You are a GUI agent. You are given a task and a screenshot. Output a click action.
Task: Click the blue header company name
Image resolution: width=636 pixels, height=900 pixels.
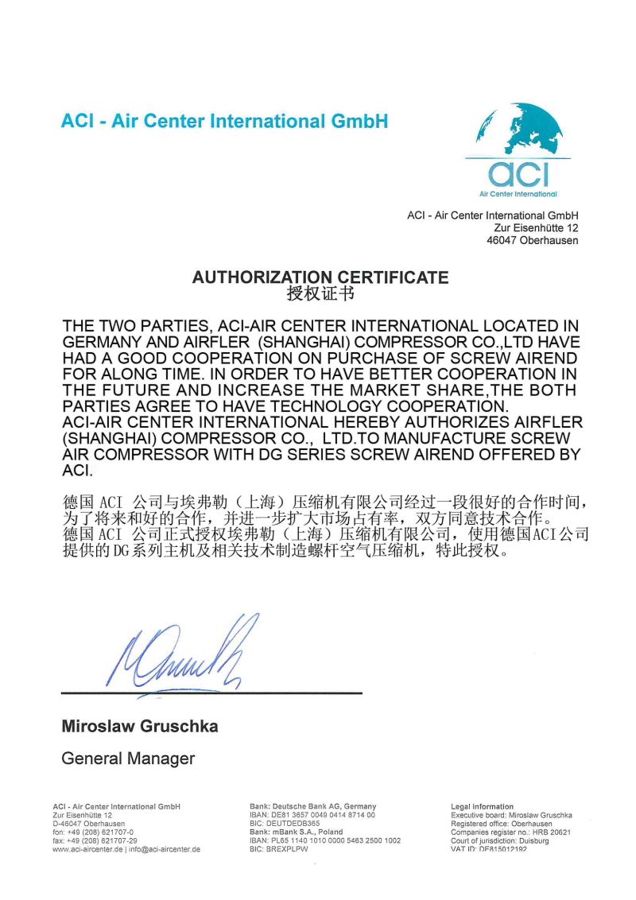coord(224,122)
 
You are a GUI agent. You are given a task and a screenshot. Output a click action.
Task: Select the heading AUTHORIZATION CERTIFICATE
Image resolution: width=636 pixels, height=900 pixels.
coord(320,277)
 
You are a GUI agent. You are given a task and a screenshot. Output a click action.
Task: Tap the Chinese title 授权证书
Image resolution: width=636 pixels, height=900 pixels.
coord(320,294)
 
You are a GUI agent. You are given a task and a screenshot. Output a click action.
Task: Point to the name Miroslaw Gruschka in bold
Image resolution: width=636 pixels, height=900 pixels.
coord(140,726)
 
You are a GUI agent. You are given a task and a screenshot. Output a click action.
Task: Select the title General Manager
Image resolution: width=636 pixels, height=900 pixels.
coord(128,758)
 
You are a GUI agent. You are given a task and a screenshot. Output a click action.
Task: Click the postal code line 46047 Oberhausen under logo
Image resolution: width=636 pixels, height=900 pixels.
coord(533,240)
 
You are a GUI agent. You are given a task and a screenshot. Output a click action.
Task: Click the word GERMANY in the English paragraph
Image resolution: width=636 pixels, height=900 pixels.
coord(104,342)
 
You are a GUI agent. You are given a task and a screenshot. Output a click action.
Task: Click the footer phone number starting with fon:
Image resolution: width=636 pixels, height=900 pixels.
coord(93,832)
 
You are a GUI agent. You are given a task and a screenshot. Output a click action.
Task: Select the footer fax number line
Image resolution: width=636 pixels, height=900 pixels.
coord(95,840)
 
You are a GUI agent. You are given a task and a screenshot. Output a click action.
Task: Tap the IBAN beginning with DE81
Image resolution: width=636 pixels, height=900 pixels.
coord(312,815)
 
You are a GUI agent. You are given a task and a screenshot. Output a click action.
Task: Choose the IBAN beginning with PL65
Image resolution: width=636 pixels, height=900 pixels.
coord(325,840)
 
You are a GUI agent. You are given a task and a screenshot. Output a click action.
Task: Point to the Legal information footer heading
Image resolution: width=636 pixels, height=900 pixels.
coord(482,806)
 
